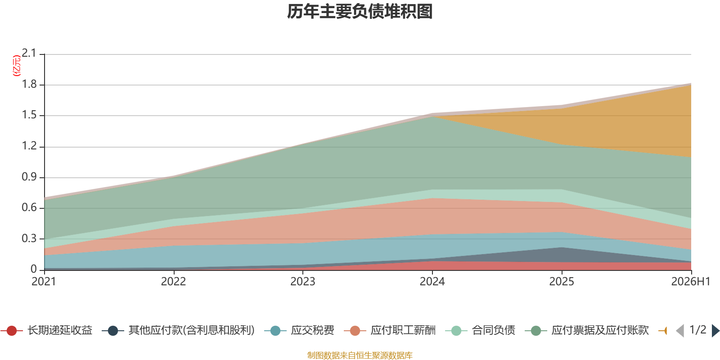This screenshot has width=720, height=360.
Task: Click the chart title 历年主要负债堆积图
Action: click(x=360, y=12)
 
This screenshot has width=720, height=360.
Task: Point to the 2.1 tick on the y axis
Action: click(x=29, y=53)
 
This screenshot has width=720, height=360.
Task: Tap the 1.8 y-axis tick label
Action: click(x=29, y=84)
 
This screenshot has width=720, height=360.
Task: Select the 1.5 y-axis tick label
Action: click(x=29, y=115)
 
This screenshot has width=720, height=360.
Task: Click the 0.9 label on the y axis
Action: click(x=29, y=177)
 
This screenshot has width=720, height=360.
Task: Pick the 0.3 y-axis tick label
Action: click(x=29, y=238)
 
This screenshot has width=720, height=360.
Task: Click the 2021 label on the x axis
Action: click(x=44, y=282)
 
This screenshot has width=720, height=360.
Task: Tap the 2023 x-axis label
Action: click(x=303, y=282)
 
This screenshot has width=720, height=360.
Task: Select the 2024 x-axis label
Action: click(x=432, y=282)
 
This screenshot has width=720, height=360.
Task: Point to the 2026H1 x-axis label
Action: click(x=691, y=282)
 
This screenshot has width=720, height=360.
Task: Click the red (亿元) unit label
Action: click(x=16, y=66)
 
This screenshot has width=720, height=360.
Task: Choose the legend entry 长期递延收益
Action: click(x=47, y=330)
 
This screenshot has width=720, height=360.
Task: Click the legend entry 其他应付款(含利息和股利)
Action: click(x=178, y=330)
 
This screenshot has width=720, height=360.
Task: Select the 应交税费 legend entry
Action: click(x=299, y=330)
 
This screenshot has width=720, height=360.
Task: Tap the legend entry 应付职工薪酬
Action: click(x=390, y=330)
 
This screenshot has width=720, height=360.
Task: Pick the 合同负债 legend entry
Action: click(x=480, y=330)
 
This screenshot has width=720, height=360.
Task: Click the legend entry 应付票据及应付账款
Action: click(x=587, y=330)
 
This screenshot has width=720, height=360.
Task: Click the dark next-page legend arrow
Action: click(x=715, y=330)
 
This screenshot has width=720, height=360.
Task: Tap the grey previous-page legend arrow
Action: click(x=680, y=330)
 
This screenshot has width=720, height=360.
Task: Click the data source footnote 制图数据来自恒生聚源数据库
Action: click(x=360, y=355)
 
